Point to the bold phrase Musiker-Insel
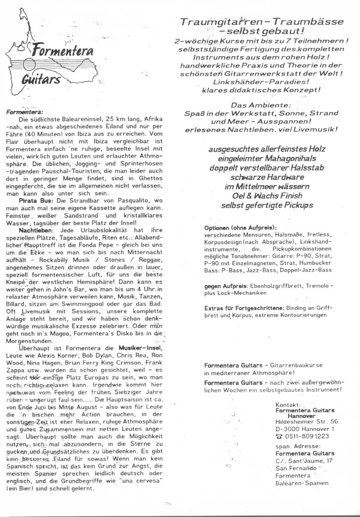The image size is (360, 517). [139, 348]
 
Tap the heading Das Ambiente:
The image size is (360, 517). [260, 105]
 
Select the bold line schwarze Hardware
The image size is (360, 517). [260, 177]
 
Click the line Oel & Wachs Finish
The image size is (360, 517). [260, 196]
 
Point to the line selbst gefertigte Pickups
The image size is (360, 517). [260, 205]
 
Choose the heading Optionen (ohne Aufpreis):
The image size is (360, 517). [240, 227]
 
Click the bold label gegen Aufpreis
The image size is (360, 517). [224, 286]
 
